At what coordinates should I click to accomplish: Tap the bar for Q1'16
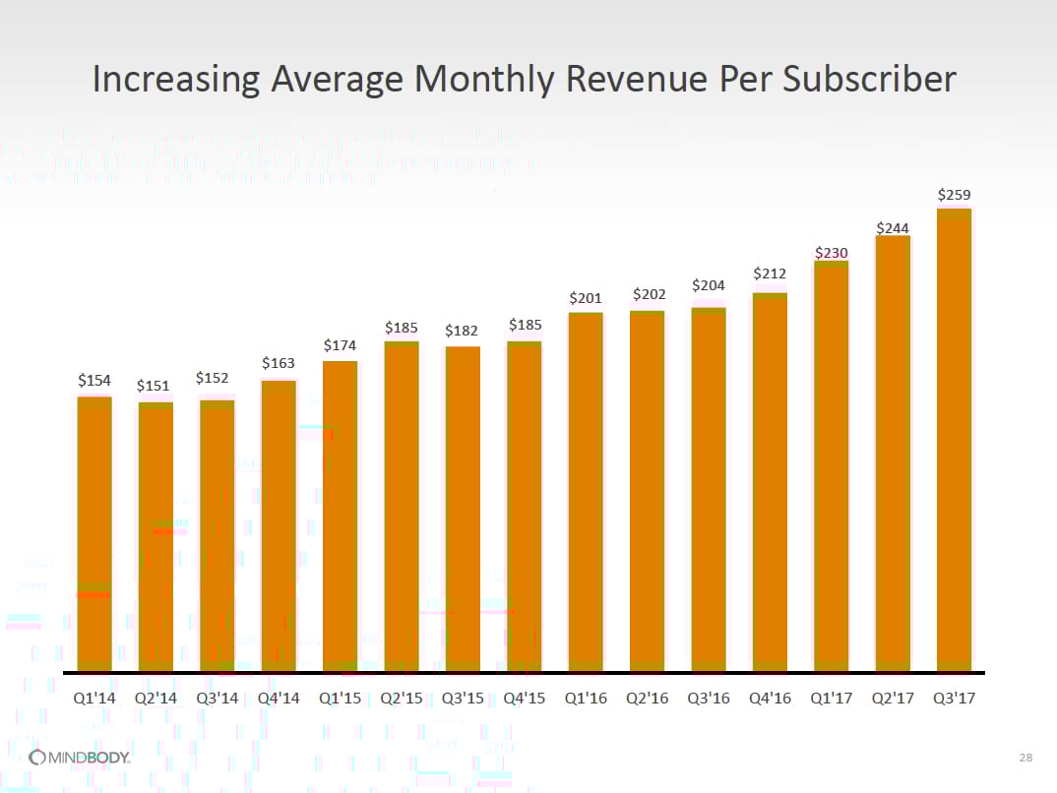pyautogui.click(x=586, y=492)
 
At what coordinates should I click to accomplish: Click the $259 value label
pyautogui.click(x=954, y=195)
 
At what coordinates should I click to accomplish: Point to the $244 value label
pyautogui.click(x=893, y=228)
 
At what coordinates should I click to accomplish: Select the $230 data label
pyautogui.click(x=831, y=253)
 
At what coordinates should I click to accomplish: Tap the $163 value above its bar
pyautogui.click(x=279, y=363)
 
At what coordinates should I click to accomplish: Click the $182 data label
pyautogui.click(x=463, y=331)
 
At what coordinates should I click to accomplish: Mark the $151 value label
pyautogui.click(x=155, y=386)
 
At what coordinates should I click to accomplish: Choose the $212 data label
pyautogui.click(x=770, y=274)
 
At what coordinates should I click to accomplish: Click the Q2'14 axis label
pyautogui.click(x=155, y=699)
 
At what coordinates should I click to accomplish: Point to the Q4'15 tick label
pyautogui.click(x=525, y=699)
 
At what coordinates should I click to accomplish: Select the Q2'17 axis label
pyautogui.click(x=893, y=699)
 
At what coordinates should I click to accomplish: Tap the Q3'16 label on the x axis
pyautogui.click(x=708, y=699)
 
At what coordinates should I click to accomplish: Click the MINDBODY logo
pyautogui.click(x=80, y=757)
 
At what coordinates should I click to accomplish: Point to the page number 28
pyautogui.click(x=1026, y=758)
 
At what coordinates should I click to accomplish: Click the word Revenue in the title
pyautogui.click(x=619, y=79)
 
